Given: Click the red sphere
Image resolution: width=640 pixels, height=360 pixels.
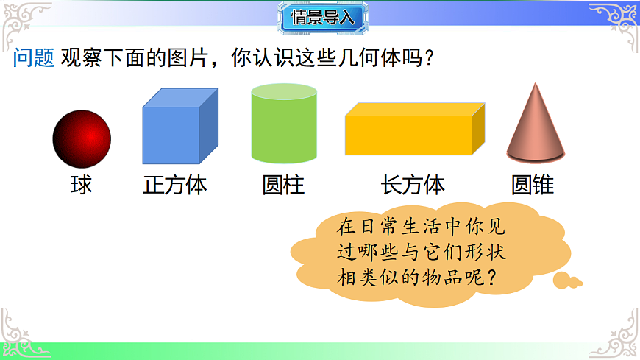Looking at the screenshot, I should (x=82, y=138).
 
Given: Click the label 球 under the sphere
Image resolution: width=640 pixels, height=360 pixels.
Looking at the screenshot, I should (x=81, y=184).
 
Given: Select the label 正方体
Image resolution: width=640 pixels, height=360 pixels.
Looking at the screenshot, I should (x=175, y=184).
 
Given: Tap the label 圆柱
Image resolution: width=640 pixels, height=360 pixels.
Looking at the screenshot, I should (x=283, y=184).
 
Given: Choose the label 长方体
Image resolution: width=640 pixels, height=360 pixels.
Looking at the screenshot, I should (x=413, y=184).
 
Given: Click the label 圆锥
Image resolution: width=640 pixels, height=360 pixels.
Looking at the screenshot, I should (x=533, y=184).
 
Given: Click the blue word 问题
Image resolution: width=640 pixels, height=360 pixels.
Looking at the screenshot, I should (x=34, y=59).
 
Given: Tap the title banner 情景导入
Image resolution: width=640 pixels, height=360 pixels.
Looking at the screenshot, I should (x=323, y=18).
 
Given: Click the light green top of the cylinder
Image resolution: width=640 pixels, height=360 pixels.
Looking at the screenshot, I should (x=284, y=91).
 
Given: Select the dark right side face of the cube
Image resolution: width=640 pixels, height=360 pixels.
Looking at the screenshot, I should (x=209, y=125).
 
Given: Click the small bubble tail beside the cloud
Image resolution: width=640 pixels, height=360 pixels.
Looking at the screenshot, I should (x=567, y=280).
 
